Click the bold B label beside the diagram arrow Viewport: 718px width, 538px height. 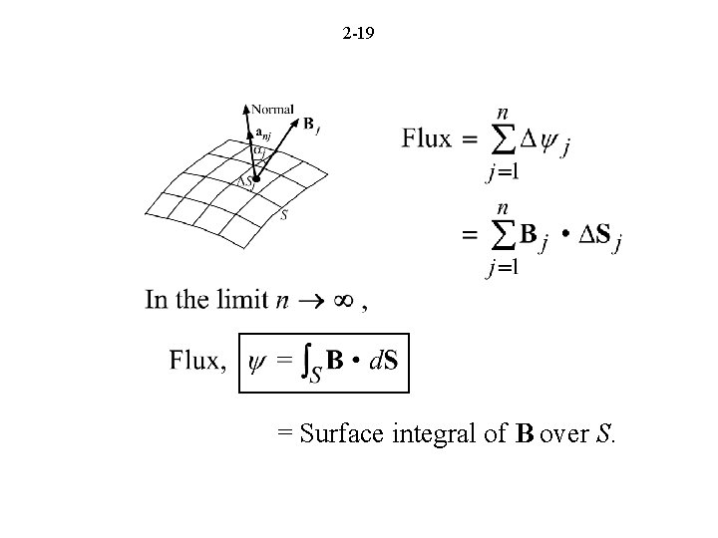308,125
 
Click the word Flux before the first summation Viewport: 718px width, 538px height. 427,138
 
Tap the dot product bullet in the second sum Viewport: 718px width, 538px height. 565,236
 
